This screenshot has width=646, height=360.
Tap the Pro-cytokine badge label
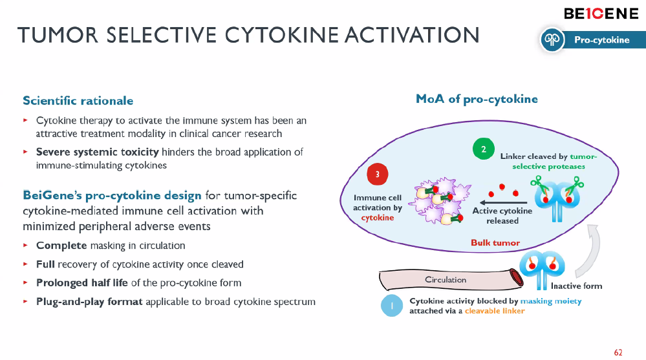click(x=601, y=40)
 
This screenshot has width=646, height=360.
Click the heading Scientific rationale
click(x=78, y=101)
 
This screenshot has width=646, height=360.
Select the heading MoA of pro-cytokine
click(x=477, y=99)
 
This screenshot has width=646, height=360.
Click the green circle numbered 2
click(x=483, y=150)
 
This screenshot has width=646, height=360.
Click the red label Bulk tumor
click(x=495, y=243)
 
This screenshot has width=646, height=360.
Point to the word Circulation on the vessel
click(x=446, y=280)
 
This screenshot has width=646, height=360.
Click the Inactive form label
click(x=576, y=286)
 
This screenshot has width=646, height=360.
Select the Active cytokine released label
click(x=502, y=216)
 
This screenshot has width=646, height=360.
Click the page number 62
click(x=618, y=352)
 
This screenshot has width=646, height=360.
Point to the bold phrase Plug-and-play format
click(x=90, y=302)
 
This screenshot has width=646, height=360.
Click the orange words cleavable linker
click(x=495, y=311)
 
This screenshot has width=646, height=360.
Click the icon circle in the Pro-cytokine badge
click(x=552, y=40)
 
